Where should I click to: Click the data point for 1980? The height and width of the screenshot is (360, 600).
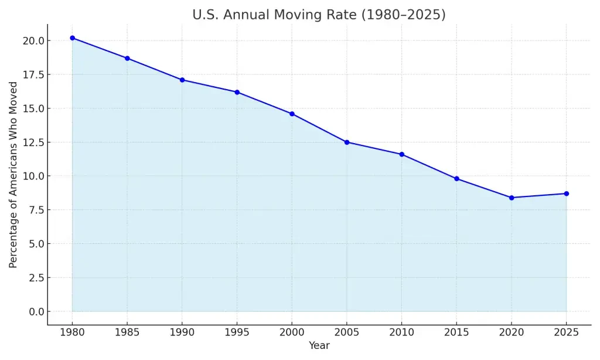[72, 38]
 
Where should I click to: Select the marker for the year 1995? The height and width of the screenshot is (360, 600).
[237, 92]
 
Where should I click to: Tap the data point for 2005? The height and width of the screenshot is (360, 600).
[347, 142]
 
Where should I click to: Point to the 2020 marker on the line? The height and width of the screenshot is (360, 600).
[512, 198]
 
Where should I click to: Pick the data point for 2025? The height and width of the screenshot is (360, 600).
[567, 193]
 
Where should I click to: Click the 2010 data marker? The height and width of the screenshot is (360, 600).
[402, 154]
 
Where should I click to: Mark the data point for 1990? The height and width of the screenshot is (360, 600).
[182, 80]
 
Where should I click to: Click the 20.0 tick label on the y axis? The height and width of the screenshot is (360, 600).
[32, 41]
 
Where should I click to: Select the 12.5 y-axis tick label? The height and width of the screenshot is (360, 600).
[32, 142]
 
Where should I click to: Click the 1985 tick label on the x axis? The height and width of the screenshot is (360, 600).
[127, 332]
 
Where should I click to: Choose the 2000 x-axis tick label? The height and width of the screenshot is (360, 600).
[292, 332]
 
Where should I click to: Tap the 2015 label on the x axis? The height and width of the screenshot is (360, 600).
[456, 332]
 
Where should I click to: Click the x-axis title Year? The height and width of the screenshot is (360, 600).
[319, 346]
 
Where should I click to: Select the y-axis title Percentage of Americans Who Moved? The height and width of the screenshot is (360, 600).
[13, 175]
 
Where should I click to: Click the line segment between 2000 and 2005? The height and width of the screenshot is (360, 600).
[319, 128]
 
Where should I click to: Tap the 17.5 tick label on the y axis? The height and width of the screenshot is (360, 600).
[32, 75]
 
